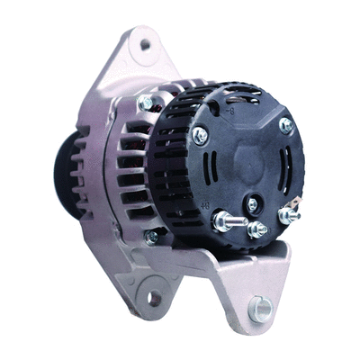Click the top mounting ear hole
tap(144, 44)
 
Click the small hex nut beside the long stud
tap(256, 229)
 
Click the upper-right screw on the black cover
tap(285, 125)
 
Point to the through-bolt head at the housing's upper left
tap(145, 103)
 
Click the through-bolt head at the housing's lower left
tap(152, 236)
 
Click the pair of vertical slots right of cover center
tap(283, 166)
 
